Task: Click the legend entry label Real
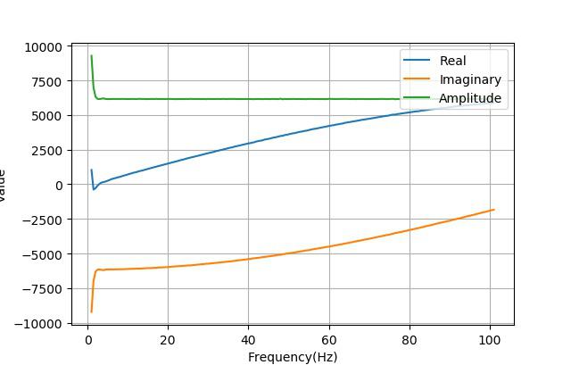(452, 61)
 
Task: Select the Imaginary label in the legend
(470, 79)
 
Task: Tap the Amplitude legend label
(470, 98)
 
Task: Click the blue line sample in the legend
(418, 61)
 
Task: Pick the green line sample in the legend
(418, 98)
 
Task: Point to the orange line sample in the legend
(418, 79)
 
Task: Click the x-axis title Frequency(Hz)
(293, 357)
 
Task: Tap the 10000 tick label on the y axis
(44, 46)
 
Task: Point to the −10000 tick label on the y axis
(40, 323)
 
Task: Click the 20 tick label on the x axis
(168, 340)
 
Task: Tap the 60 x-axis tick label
(329, 340)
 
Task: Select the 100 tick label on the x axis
(490, 340)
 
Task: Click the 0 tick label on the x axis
(87, 340)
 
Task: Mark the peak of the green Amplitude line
(91, 56)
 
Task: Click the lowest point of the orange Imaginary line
(91, 311)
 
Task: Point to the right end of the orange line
(493, 210)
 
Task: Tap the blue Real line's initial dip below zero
(94, 189)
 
